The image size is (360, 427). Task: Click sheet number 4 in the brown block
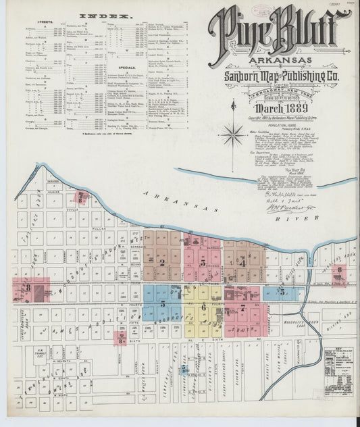coord(242,263)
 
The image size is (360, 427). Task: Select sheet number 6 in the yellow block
coord(203,307)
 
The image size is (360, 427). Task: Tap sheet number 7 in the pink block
coord(242,307)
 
